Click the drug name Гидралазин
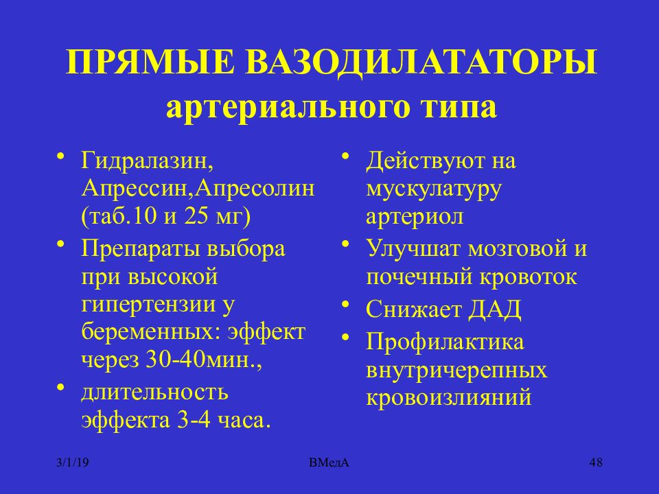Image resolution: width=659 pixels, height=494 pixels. [x=143, y=162]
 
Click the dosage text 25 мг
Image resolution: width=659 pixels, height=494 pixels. [x=217, y=215]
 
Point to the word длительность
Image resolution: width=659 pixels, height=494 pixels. [x=155, y=392]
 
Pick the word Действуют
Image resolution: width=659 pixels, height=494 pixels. [x=418, y=162]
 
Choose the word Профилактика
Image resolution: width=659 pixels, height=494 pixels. [x=444, y=342]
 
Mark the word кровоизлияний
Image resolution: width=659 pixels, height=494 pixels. [x=450, y=397]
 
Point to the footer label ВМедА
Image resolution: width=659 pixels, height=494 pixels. [x=329, y=463]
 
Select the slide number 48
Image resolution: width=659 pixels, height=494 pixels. [x=595, y=463]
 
